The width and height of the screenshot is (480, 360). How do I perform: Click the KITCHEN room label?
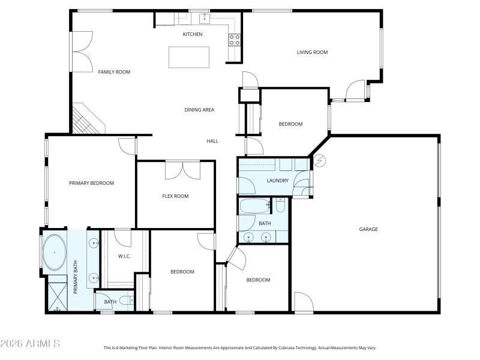coord(193,34)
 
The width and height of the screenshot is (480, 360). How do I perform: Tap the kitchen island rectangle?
coord(189,57)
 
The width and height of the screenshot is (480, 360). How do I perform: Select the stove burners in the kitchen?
coord(234,40)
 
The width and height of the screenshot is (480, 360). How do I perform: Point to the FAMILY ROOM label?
coord(114,72)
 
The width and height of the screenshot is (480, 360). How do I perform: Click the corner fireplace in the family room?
coord(86,119)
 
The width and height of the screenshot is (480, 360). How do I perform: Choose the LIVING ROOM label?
coord(312,52)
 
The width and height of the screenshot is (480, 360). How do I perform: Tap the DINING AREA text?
coord(199,110)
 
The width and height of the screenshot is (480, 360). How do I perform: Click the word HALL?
coord(212,141)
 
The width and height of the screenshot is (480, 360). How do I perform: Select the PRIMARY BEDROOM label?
coord(91,183)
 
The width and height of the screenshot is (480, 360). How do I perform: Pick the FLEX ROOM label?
coord(175,196)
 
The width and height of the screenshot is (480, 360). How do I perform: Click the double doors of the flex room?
coord(182,169)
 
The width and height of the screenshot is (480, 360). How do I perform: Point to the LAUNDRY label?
coord(278,181)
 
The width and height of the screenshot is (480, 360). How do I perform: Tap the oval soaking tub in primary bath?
coord(54,252)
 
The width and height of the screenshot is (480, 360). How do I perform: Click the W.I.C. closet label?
coord(124,257)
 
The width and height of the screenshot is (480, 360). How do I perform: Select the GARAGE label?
coord(368,229)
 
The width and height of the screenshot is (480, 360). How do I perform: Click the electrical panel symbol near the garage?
coord(319,160)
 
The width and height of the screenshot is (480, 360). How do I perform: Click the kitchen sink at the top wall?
coord(204,16)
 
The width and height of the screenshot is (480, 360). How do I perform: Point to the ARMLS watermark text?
coord(30,344)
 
